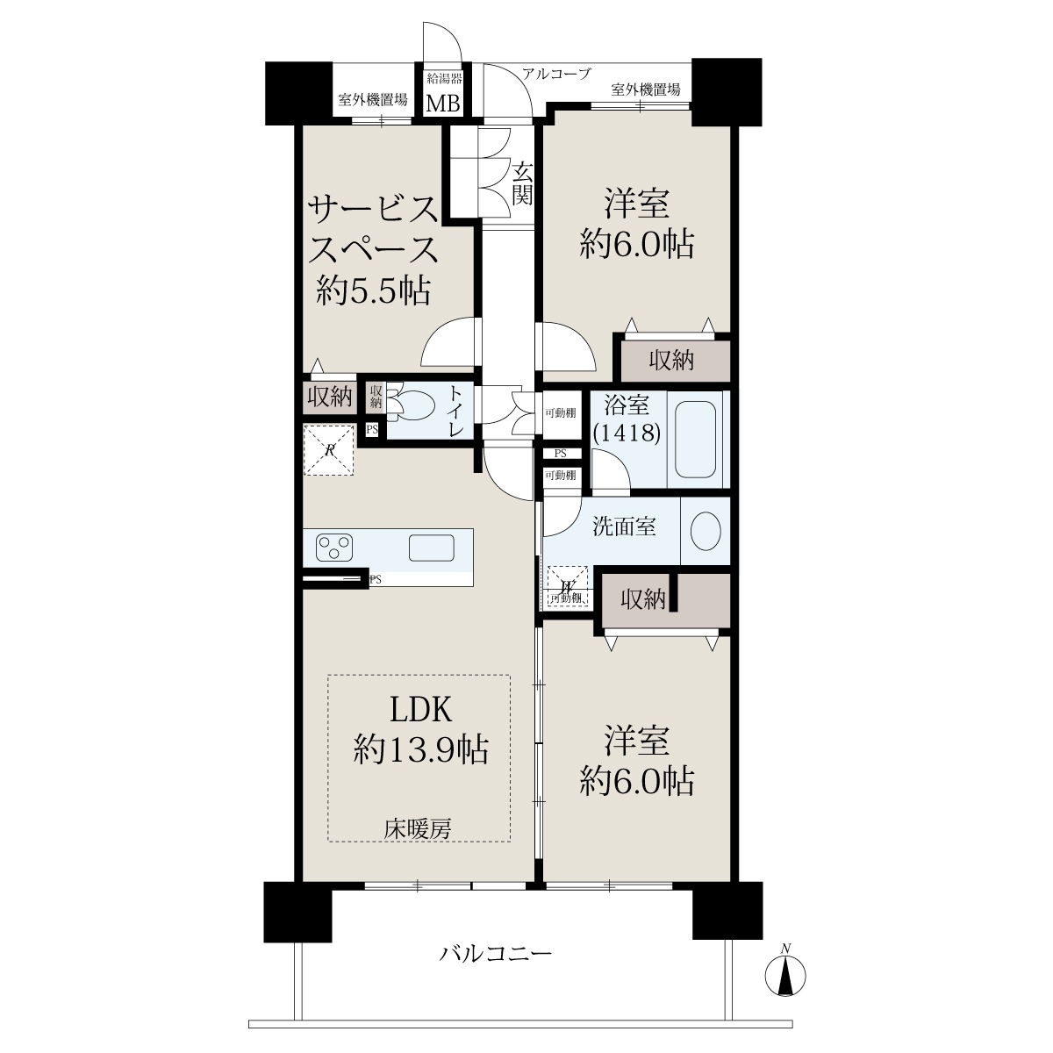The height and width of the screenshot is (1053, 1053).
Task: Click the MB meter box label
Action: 442,104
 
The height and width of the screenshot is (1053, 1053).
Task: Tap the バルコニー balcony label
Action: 496,955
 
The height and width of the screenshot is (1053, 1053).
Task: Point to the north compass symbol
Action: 785,975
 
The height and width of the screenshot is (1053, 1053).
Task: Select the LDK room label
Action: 419,711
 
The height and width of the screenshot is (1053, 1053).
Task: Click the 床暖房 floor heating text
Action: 418,829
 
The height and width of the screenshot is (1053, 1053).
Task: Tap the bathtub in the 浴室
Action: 695,440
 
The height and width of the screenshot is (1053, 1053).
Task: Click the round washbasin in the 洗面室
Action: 706,531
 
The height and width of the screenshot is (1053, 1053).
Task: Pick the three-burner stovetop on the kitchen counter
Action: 334,548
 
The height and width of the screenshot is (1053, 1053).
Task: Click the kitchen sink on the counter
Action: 431,547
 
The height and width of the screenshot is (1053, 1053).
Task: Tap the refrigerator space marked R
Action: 329,450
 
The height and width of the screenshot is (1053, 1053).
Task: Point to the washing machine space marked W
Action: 568,587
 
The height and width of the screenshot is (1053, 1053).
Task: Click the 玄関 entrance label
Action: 522,184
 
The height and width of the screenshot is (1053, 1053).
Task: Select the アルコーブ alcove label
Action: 556,73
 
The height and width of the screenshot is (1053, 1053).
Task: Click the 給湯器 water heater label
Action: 444,79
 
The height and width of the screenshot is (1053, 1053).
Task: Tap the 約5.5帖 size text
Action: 373,290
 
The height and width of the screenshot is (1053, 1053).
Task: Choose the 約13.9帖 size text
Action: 421,749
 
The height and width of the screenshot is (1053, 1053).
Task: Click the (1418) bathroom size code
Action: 627,433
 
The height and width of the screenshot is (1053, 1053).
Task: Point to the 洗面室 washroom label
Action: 624,527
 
